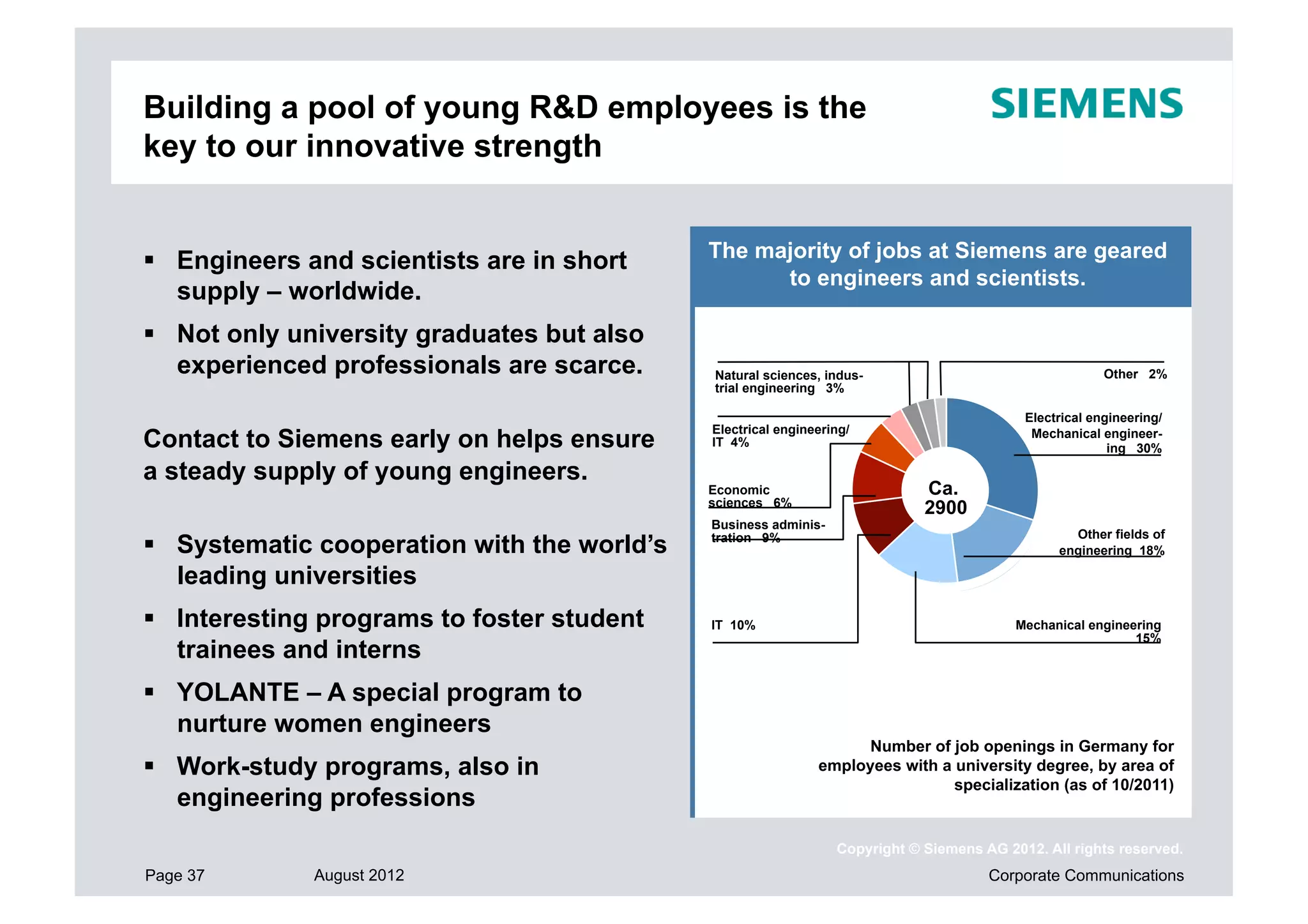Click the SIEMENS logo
pyautogui.click(x=1086, y=104)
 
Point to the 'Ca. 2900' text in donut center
pyautogui.click(x=945, y=498)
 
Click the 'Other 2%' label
pyautogui.click(x=1134, y=374)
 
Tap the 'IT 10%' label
pyautogui.click(x=733, y=625)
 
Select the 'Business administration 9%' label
pyautogui.click(x=767, y=531)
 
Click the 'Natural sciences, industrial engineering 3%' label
pyautogui.click(x=788, y=382)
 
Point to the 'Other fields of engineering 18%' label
pyautogui.click(x=1111, y=542)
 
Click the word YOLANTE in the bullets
pyautogui.click(x=238, y=692)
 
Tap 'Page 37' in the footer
pyautogui.click(x=174, y=875)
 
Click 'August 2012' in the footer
pyautogui.click(x=358, y=875)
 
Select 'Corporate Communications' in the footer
pyautogui.click(x=1085, y=875)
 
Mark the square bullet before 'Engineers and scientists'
pyautogui.click(x=149, y=260)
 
